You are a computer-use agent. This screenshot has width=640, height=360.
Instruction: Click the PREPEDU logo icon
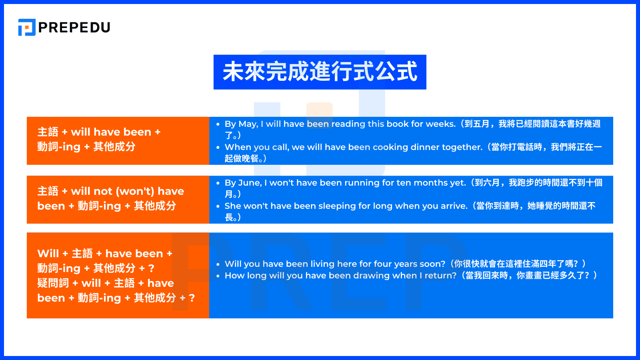click(x=27, y=27)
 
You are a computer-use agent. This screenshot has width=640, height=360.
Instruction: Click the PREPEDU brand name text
click(x=74, y=27)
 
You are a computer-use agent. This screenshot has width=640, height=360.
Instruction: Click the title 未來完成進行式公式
click(x=320, y=72)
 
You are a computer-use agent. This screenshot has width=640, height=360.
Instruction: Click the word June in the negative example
click(x=250, y=183)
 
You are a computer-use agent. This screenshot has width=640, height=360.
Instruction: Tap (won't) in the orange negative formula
click(x=135, y=191)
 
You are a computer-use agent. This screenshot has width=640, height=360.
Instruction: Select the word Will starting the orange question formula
click(x=48, y=254)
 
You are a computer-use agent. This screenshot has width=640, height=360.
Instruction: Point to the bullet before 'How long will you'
click(x=218, y=276)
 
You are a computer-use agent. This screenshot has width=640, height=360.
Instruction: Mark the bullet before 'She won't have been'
click(x=218, y=206)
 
